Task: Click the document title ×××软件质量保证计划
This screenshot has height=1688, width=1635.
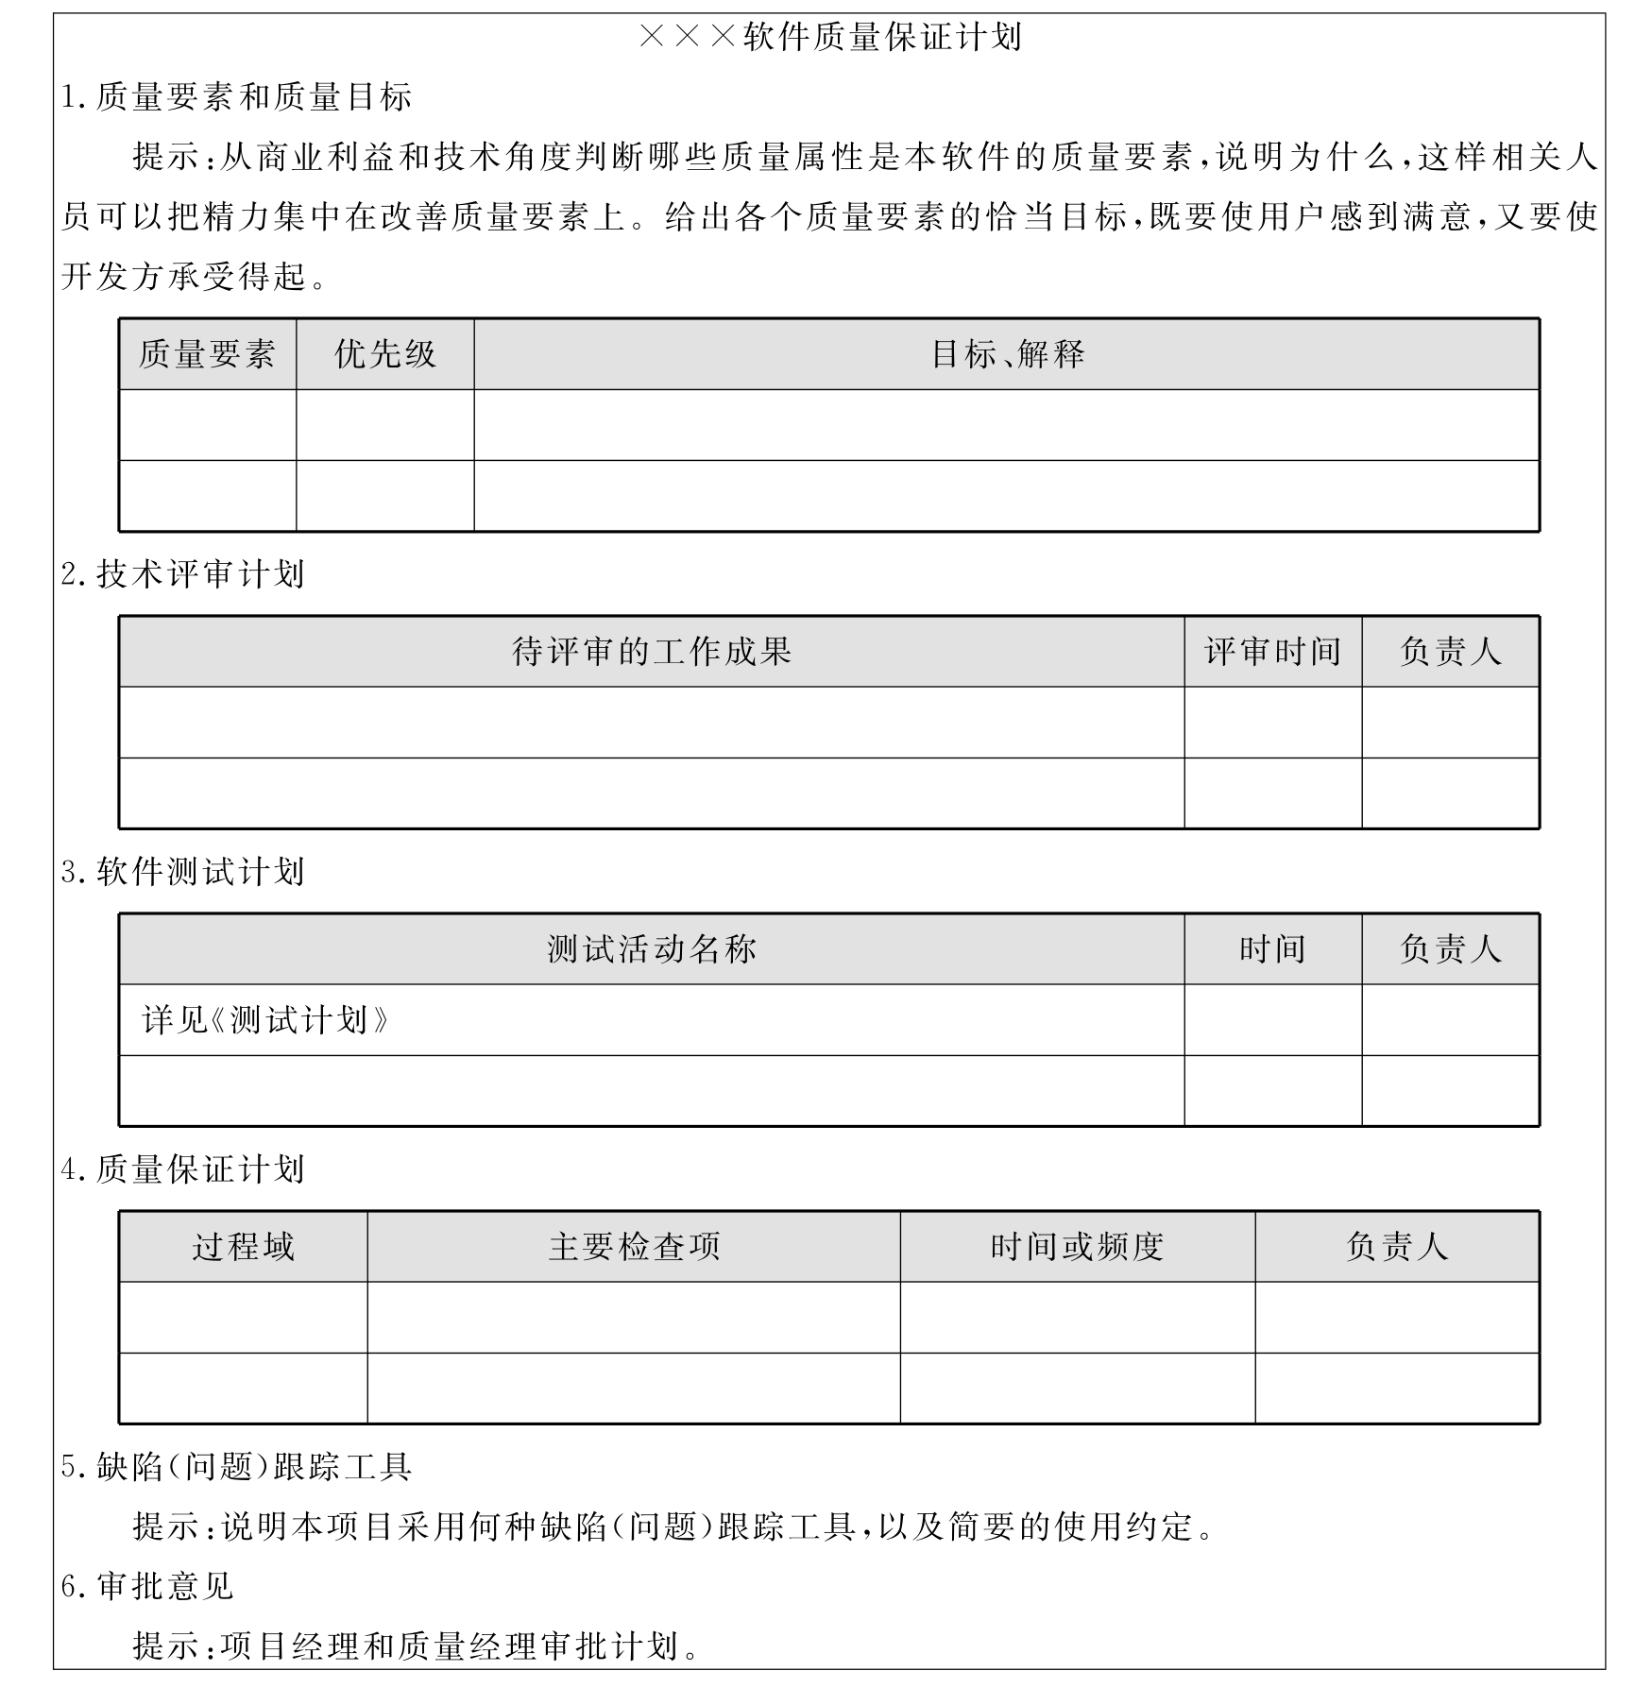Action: [x=830, y=38]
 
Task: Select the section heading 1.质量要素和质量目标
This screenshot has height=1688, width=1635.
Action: [x=236, y=97]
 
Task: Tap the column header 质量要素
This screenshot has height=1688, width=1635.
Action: [x=207, y=354]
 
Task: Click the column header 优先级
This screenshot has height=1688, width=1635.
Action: [x=385, y=354]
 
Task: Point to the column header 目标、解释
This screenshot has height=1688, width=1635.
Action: [x=1007, y=354]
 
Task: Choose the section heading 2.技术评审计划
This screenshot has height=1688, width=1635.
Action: [x=183, y=574]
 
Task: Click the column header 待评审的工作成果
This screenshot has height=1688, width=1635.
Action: [x=652, y=652]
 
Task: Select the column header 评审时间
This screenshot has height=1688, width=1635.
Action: [x=1272, y=652]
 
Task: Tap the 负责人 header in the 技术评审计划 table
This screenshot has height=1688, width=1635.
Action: [x=1450, y=652]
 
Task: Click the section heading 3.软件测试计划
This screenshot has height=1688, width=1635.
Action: [x=183, y=872]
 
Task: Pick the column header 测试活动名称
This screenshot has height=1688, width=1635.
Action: [x=652, y=949]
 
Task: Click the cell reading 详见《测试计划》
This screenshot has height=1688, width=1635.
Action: [x=265, y=1020]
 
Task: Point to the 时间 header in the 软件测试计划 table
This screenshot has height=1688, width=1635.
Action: [x=1272, y=949]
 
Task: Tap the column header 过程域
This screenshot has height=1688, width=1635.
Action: [x=244, y=1247]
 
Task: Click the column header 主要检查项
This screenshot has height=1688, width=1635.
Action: [x=634, y=1247]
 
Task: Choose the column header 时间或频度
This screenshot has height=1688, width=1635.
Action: [x=1077, y=1247]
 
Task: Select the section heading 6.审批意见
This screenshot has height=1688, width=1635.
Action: [x=147, y=1586]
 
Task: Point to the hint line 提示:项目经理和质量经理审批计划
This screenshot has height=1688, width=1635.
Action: [x=416, y=1645]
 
